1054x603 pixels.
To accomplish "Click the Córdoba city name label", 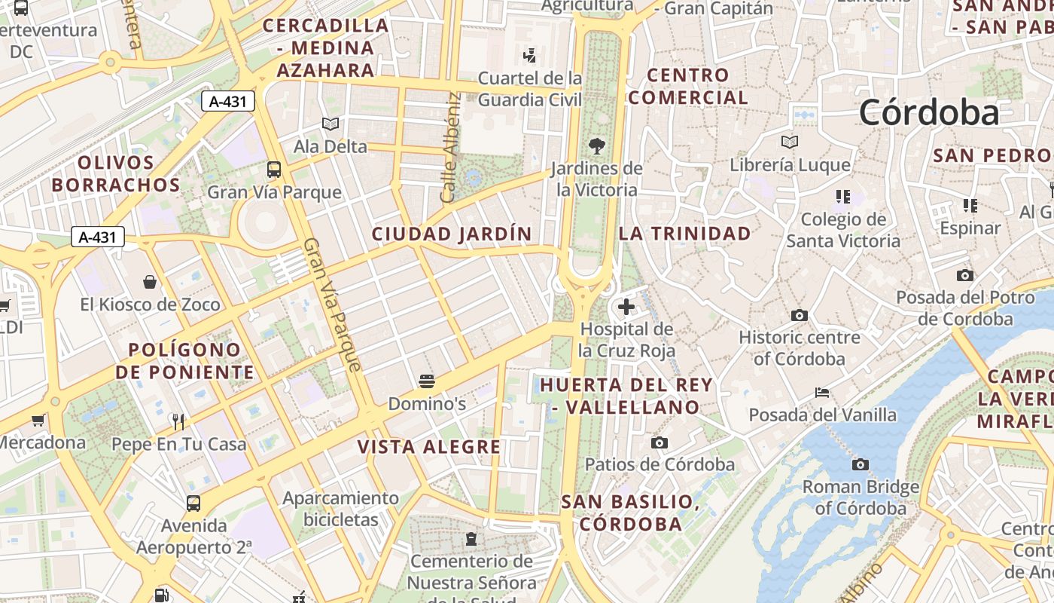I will pos(929,113).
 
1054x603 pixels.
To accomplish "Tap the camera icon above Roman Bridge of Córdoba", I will pos(861,464).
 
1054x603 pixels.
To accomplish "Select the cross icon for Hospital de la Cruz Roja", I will pos(626,307).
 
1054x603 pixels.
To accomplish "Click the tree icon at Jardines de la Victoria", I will pos(597,145).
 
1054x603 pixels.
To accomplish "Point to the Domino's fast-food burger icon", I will pos(427,381).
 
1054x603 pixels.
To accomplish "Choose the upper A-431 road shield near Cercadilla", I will pos(227,101).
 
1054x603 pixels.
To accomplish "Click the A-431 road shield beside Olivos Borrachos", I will pos(98,237).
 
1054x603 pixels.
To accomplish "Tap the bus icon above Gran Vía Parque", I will pos(274,169).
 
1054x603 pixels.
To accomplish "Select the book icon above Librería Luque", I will pos(789,142).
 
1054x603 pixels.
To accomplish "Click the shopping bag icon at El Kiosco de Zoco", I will pos(150,282).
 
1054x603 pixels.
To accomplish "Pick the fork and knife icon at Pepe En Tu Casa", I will pos(178,421).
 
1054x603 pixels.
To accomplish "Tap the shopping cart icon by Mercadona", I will pos(38,420).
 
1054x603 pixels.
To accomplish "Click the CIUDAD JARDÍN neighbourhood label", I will pos(452,234).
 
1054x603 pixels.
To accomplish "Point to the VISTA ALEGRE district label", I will pos(429,447).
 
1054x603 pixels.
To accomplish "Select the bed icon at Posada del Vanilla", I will pos(822,392).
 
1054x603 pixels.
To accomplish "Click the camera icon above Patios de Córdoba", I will pos(660,442).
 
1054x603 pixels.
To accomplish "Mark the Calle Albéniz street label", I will pos(450,147).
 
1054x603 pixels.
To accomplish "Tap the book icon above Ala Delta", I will pos(330,124).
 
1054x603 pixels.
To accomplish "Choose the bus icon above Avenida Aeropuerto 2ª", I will pos(193,503).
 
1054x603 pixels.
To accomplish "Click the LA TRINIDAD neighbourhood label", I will pos(684,234).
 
